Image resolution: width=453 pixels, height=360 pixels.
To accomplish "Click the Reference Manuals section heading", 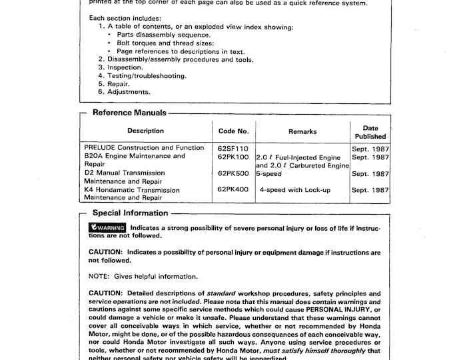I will pyautogui.click(x=129, y=113).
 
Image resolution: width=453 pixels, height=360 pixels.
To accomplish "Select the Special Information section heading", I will pyautogui.click(x=130, y=213).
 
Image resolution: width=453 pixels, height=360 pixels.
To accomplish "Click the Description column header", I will pyautogui.click(x=145, y=131).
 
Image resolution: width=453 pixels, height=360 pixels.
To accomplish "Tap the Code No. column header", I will pyautogui.click(x=233, y=131).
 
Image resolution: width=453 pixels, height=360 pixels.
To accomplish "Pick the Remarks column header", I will pyautogui.click(x=302, y=132).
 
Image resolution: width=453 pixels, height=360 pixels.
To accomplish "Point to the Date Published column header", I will pyautogui.click(x=370, y=132).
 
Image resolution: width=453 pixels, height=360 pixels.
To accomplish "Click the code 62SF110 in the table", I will pyautogui.click(x=232, y=148).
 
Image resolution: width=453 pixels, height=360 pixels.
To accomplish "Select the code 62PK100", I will pyautogui.click(x=232, y=157).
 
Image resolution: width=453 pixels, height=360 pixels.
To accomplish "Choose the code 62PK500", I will pyautogui.click(x=232, y=173).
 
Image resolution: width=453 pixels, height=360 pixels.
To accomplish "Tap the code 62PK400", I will pyautogui.click(x=232, y=190).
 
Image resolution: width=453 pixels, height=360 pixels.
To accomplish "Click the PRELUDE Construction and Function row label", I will pyautogui.click(x=144, y=148).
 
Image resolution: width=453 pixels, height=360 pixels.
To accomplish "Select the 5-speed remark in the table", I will pyautogui.click(x=270, y=173).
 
